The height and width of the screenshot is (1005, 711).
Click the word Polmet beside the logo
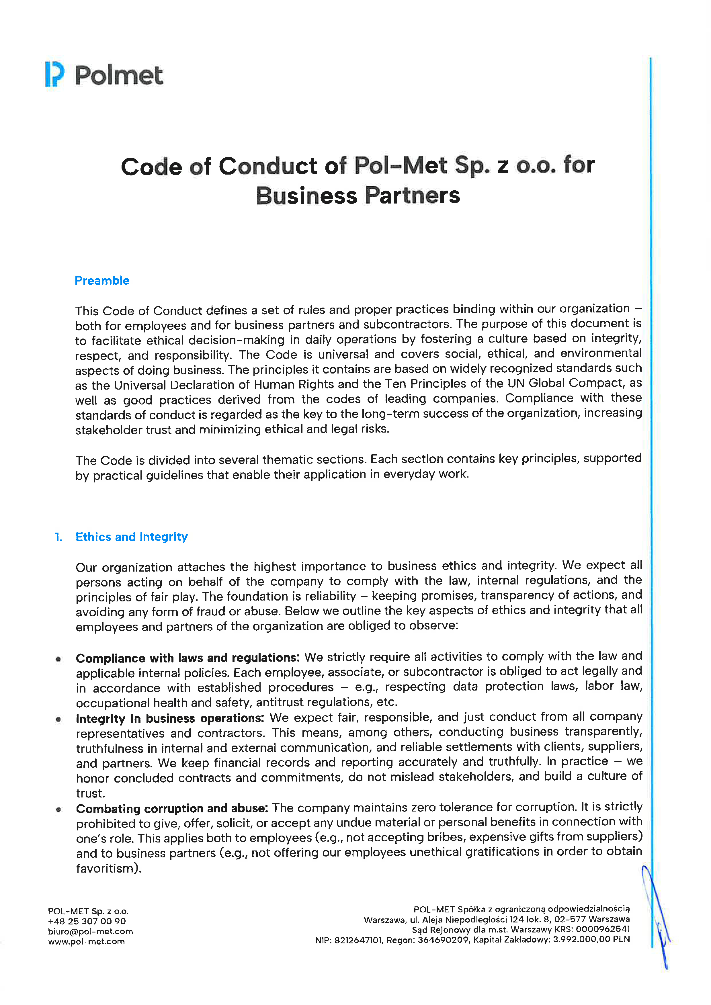click(x=119, y=75)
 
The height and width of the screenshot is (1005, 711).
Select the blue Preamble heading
click(x=102, y=281)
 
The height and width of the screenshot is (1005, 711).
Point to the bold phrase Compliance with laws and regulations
click(x=187, y=658)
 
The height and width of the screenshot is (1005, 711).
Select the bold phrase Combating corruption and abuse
click(x=172, y=808)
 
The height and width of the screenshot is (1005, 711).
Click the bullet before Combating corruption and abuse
click(x=58, y=809)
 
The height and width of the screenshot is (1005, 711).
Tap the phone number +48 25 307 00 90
click(x=87, y=921)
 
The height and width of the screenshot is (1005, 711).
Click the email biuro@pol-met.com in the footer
click(x=91, y=931)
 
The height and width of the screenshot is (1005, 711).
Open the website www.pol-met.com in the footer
click(x=87, y=941)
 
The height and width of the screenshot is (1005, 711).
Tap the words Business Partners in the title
click(x=358, y=196)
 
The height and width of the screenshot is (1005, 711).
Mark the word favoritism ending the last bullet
click(x=107, y=868)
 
